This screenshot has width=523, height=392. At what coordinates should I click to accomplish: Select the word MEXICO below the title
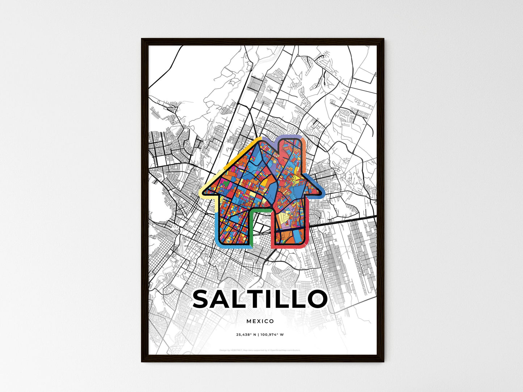coord(260,321)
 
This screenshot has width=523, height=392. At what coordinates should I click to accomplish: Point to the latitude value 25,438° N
coord(246,335)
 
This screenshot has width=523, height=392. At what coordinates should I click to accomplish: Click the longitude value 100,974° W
coord(272,335)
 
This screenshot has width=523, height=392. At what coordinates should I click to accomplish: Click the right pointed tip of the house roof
coord(321,192)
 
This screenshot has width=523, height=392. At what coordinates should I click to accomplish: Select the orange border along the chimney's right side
coord(305,155)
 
